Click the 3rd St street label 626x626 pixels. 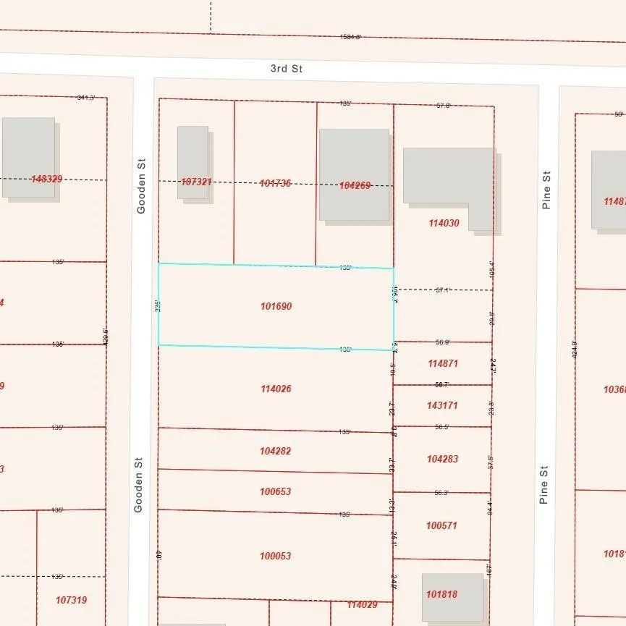coord(286,69)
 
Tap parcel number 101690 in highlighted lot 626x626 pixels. coord(276,307)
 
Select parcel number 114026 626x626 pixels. coord(276,389)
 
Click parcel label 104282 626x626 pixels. coord(275,451)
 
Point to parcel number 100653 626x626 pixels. coord(275,492)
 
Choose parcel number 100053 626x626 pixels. coord(275,556)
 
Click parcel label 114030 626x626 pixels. coord(444,224)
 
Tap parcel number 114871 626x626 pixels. coord(443,364)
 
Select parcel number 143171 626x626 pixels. coord(442,405)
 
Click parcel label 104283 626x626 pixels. coord(442,459)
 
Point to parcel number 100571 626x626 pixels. coord(441,525)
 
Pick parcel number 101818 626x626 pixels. coord(441,594)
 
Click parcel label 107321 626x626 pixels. coord(196,182)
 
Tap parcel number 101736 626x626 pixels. coord(275,184)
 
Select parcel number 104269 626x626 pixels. coord(355,185)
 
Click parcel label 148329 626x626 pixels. coord(46,178)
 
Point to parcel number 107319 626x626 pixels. coord(71,600)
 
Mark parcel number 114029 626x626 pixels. coord(362,604)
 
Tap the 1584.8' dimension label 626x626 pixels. coord(350,37)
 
